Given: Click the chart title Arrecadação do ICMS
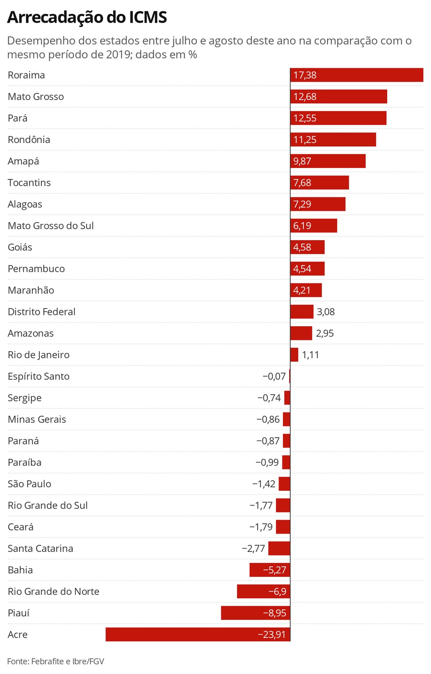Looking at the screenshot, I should click(87, 17).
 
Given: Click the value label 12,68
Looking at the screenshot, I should click(305, 97).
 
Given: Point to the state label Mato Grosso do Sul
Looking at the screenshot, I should click(51, 226).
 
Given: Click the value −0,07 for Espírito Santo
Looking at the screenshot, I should click(274, 377).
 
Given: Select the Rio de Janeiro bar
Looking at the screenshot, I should click(294, 355).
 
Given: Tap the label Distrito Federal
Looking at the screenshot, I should click(42, 312).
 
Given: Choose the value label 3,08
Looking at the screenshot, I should click(326, 312).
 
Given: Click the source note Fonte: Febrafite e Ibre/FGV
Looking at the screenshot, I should click(56, 661).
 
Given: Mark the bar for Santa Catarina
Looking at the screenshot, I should click(279, 548).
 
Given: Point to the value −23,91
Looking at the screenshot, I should click(272, 635).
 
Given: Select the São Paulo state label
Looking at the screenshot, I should click(29, 484).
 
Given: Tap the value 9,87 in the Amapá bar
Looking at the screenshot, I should click(302, 161).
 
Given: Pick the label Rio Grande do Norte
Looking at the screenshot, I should click(53, 592).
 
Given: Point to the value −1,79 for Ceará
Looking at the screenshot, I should click(261, 527).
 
